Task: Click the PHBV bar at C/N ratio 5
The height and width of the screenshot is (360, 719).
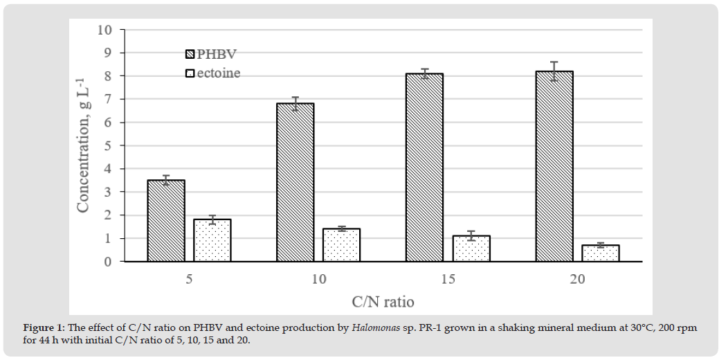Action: pos(166,221)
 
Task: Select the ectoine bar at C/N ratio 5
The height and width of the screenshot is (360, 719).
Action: pos(212,240)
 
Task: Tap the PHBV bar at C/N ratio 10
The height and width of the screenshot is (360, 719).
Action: pos(295,183)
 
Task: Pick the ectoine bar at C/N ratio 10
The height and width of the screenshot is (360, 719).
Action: pos(341,245)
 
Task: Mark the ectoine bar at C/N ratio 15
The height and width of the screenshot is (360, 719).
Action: pos(471,249)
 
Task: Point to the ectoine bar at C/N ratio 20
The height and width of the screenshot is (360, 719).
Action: pos(601,253)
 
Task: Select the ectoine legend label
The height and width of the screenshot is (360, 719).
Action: pos(219,73)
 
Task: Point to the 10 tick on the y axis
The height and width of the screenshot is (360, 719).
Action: pos(104,30)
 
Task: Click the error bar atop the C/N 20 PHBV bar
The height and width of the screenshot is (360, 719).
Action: pos(554,71)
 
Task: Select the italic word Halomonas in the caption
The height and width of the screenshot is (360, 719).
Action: pos(375,328)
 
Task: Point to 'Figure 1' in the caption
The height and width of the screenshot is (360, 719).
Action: pos(43,328)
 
